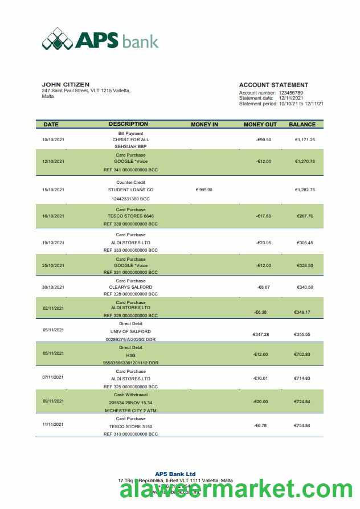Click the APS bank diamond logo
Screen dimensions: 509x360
[x=57, y=39]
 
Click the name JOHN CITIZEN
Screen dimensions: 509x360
[x=66, y=85]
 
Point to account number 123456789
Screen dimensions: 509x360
[x=291, y=93]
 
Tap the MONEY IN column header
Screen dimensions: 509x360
[x=204, y=124]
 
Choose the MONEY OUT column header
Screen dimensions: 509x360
[x=260, y=124]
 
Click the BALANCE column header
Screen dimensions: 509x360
[x=302, y=124]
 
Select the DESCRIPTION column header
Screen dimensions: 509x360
[x=128, y=124]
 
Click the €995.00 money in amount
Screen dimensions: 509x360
[x=204, y=190]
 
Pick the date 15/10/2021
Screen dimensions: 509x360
[x=53, y=190]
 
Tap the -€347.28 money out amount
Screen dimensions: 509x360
[x=260, y=334]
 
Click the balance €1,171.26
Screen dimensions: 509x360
[x=305, y=139]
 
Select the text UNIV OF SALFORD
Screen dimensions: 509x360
[x=130, y=331]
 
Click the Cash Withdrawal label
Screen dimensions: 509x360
[x=130, y=395]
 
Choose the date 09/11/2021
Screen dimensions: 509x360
[x=53, y=401]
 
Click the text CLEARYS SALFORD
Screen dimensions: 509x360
[x=130, y=288]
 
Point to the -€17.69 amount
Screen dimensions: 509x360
[x=263, y=216]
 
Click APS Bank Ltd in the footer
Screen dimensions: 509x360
[x=175, y=474]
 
